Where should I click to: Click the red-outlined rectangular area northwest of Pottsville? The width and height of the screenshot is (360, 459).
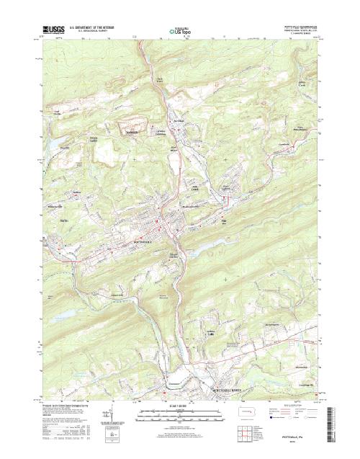134,130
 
